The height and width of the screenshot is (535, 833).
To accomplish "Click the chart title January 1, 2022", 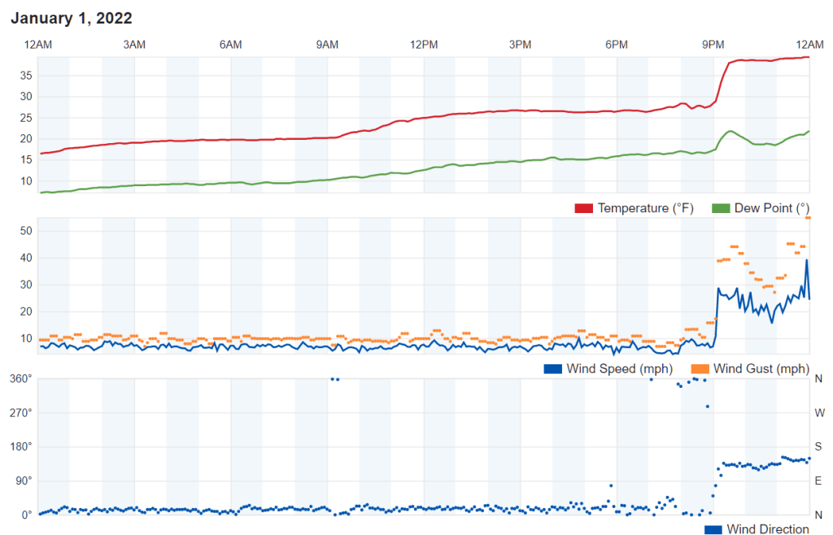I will click(x=72, y=18).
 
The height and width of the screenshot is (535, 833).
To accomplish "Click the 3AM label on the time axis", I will click(x=134, y=44).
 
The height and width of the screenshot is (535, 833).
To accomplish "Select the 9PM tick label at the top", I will click(x=713, y=44).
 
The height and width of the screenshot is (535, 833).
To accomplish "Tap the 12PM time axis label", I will click(x=424, y=44).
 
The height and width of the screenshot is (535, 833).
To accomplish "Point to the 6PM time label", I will click(x=617, y=44).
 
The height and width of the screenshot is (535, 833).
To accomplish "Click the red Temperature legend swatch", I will click(x=583, y=208).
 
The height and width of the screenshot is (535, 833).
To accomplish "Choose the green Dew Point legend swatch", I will click(x=720, y=208).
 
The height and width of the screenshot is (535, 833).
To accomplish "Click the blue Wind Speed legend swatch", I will click(x=552, y=369).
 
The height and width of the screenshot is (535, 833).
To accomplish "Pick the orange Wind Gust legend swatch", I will click(x=700, y=369).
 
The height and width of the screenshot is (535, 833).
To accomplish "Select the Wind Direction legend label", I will click(x=768, y=529).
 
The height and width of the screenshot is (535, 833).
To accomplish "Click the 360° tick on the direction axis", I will click(x=20, y=378).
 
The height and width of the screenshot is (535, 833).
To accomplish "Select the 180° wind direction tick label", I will click(x=20, y=446).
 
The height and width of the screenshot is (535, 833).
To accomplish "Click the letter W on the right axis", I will click(x=819, y=412).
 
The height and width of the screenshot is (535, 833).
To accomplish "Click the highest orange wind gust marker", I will click(x=808, y=218).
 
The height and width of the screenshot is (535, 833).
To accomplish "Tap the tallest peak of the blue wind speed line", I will click(x=807, y=260).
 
